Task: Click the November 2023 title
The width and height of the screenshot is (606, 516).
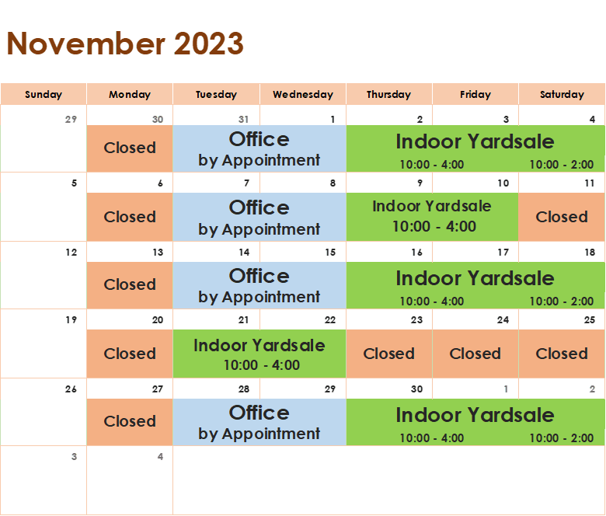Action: click(x=125, y=44)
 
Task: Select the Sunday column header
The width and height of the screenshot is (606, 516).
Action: click(x=44, y=94)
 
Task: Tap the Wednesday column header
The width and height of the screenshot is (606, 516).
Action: click(x=303, y=94)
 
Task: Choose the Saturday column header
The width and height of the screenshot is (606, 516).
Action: click(x=562, y=94)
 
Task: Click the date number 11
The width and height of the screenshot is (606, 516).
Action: click(x=590, y=183)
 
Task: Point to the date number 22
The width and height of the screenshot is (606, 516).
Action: click(x=330, y=320)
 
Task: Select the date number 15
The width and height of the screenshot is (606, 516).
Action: click(x=330, y=253)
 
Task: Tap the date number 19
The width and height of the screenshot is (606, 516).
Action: click(x=71, y=320)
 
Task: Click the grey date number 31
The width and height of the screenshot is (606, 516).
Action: click(x=243, y=120)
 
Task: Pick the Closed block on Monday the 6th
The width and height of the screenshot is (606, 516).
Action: click(x=130, y=217)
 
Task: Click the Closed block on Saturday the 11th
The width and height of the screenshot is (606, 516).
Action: click(x=562, y=217)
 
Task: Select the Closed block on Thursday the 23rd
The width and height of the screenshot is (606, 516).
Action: click(x=388, y=354)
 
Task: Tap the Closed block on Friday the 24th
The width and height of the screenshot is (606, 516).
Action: click(x=475, y=354)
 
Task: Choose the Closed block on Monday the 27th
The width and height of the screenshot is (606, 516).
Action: click(x=130, y=422)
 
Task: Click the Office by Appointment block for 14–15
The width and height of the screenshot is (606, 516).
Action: click(x=259, y=285)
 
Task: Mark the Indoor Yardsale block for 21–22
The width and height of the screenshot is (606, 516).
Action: click(x=259, y=354)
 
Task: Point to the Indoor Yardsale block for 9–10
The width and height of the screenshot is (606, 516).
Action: click(x=432, y=217)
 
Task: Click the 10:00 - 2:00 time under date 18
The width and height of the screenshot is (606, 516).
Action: click(x=561, y=301)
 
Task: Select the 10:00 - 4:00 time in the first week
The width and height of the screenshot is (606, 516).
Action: click(x=432, y=165)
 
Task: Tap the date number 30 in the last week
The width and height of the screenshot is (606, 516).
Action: click(x=416, y=389)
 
